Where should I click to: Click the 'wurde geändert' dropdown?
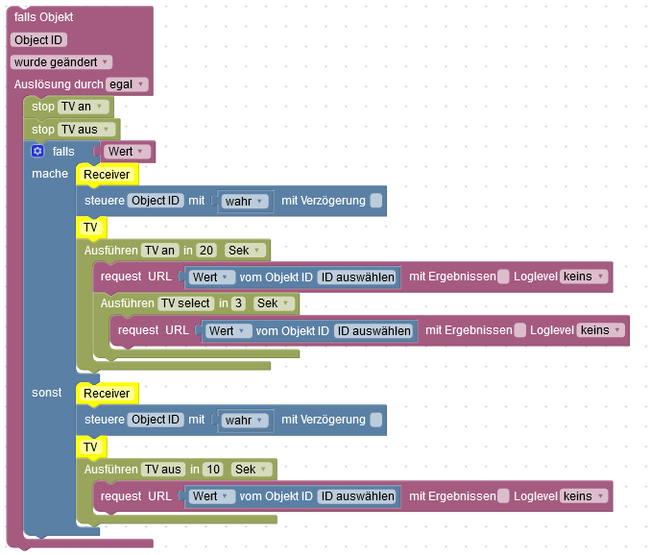[62, 61]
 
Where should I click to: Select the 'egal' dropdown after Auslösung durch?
[127, 84]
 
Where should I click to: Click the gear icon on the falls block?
[37, 152]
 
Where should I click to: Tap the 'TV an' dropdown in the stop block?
[81, 107]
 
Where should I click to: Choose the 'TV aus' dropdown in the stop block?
[85, 130]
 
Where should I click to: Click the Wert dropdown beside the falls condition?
[127, 152]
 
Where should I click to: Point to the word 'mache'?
[50, 174]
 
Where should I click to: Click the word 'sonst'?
[46, 393]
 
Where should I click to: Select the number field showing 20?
[205, 250]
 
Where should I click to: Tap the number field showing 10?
[213, 469]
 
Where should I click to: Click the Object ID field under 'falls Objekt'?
[38, 39]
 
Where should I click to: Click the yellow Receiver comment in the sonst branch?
[107, 394]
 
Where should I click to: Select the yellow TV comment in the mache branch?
[90, 228]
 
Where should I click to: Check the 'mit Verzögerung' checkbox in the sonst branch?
[375, 420]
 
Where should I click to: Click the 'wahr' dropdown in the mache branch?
[244, 201]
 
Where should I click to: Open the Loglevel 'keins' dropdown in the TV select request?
[600, 330]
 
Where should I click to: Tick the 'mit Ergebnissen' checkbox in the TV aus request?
[503, 496]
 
